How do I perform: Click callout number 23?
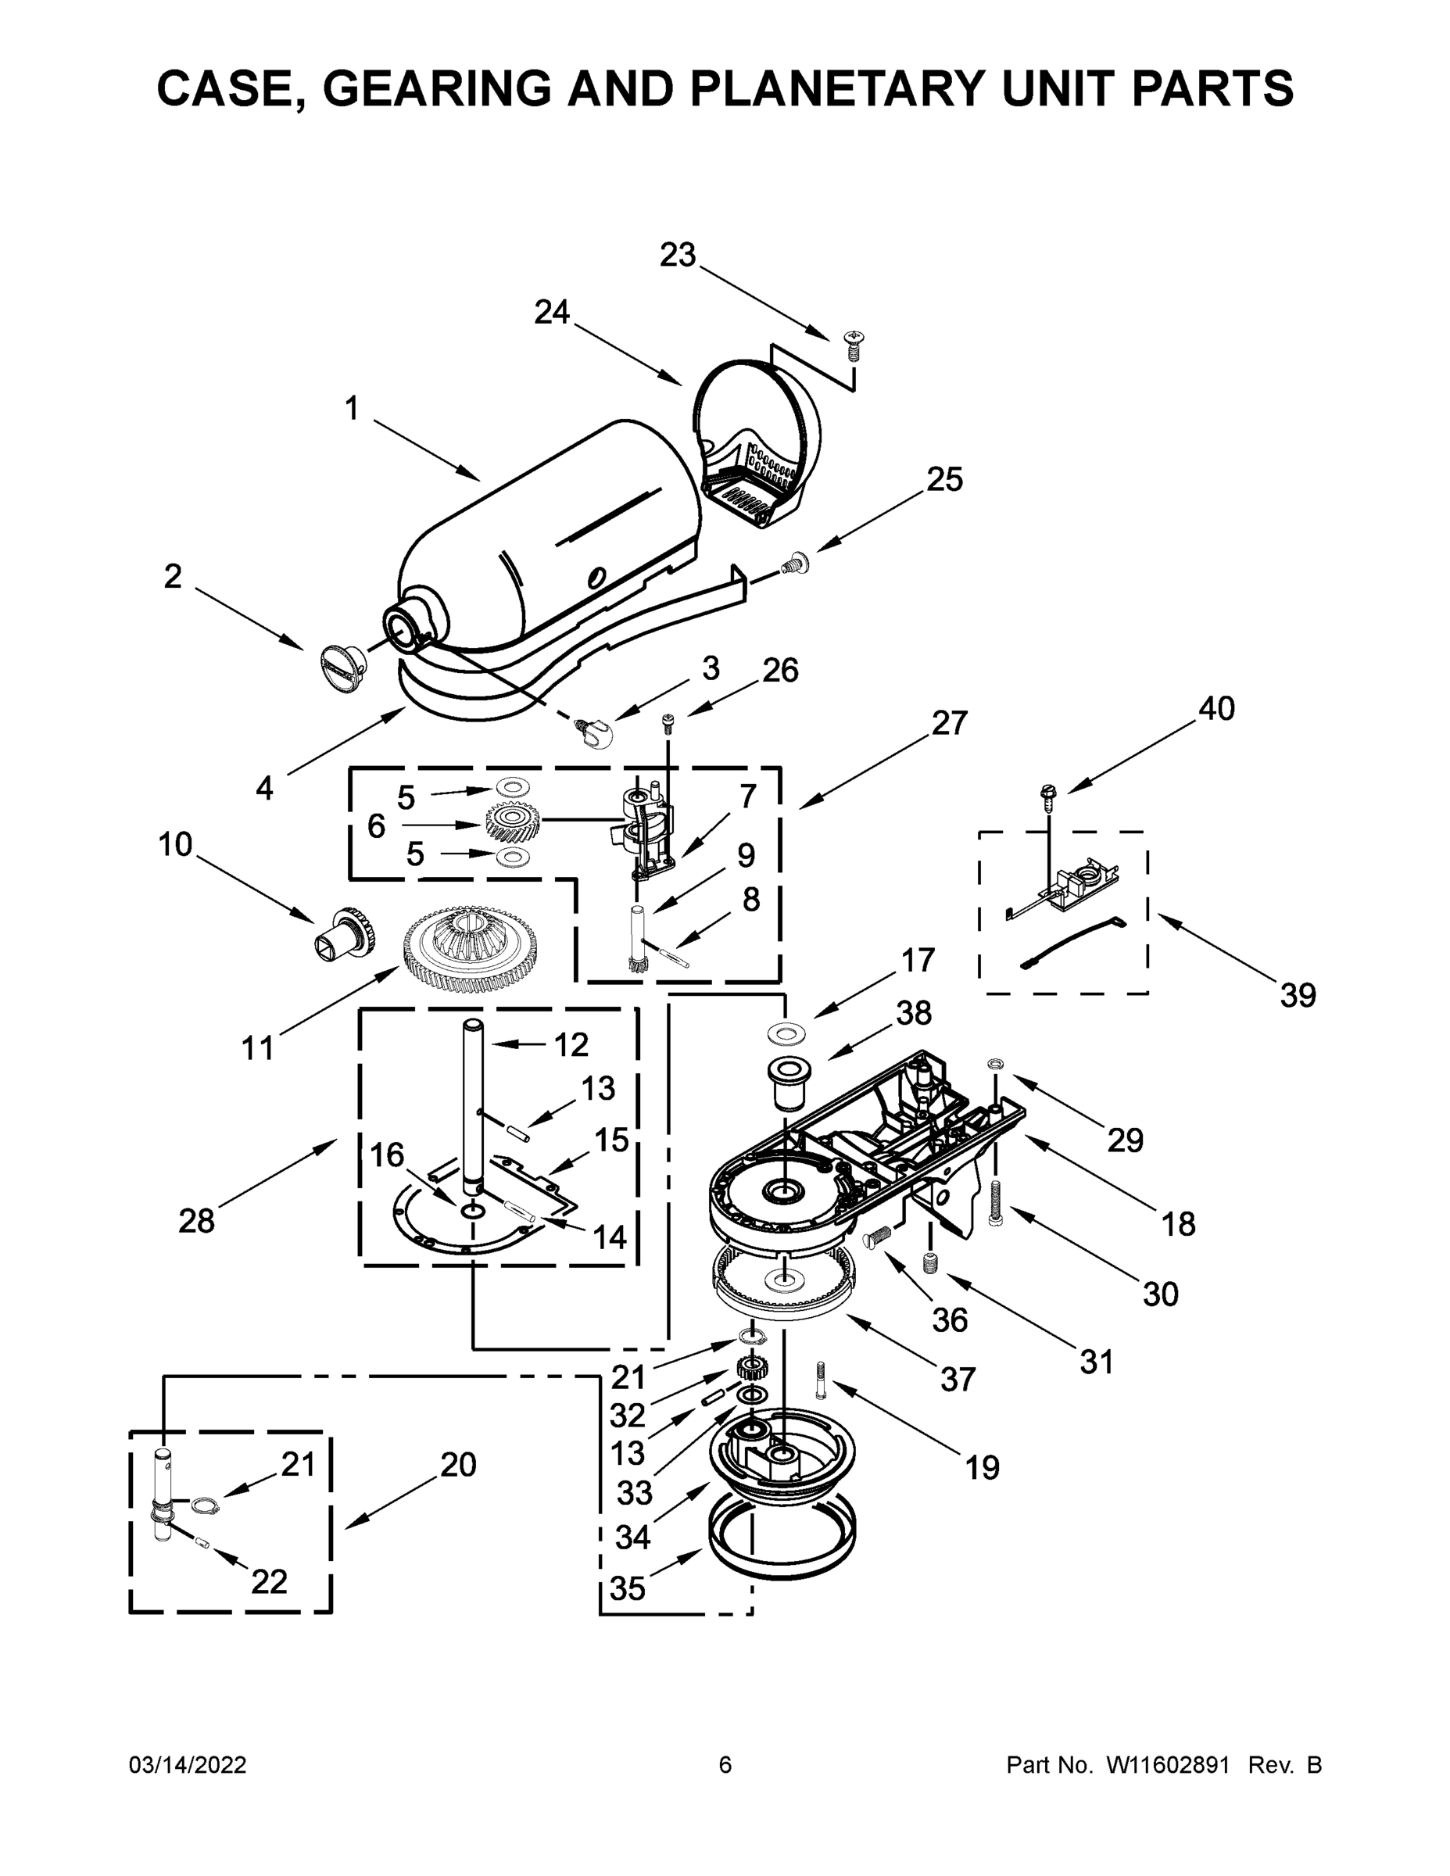click(x=678, y=255)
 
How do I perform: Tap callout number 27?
click(x=949, y=723)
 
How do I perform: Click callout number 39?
click(x=1297, y=997)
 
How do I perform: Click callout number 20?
click(x=458, y=1465)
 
